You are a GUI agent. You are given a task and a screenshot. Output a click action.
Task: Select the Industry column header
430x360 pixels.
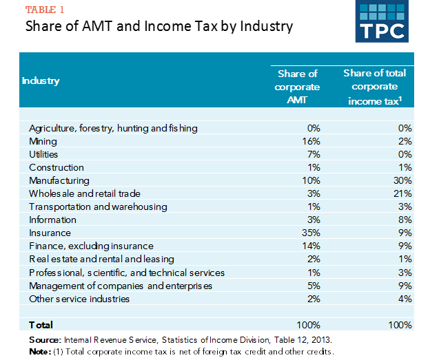click(x=41, y=81)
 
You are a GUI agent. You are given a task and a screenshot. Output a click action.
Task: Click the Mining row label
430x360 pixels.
click(x=43, y=141)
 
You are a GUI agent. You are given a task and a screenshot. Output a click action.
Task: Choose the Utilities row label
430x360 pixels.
click(x=44, y=154)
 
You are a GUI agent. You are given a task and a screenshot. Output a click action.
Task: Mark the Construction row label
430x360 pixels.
click(x=57, y=167)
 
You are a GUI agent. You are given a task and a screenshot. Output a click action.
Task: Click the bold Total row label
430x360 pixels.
click(x=41, y=324)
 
